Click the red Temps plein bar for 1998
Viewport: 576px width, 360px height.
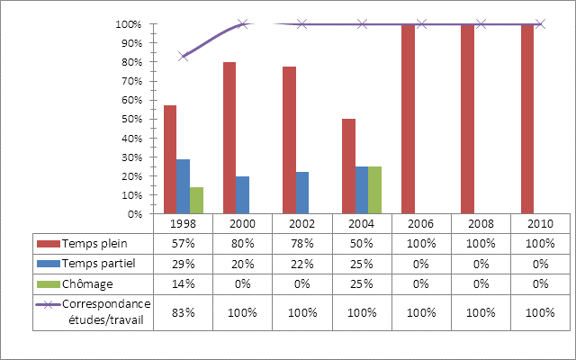coord(170,160)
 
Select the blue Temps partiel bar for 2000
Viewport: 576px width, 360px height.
coord(242,195)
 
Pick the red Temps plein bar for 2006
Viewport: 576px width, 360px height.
coord(408,120)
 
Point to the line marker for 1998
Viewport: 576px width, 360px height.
coord(184,57)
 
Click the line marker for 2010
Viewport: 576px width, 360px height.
coord(540,24)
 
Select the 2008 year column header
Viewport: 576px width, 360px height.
coord(481,223)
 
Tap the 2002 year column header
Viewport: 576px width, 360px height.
coord(302,223)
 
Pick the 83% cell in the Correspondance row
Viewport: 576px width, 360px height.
coord(184,311)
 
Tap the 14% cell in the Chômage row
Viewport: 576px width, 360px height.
coord(184,283)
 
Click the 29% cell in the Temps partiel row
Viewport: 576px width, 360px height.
coord(184,264)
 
